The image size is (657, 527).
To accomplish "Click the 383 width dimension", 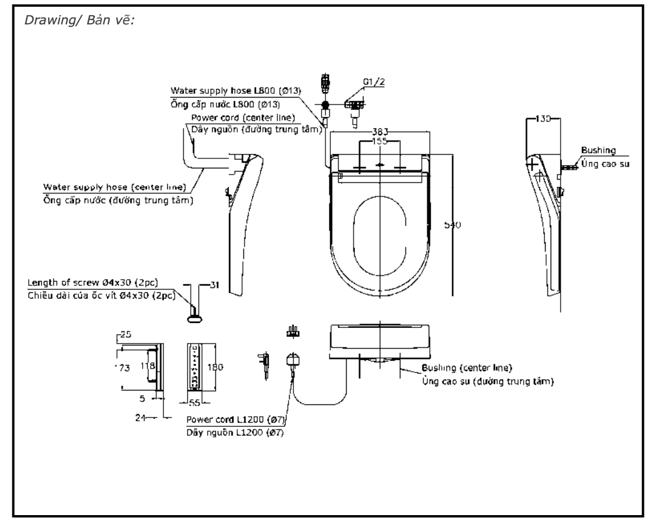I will tap(379, 132).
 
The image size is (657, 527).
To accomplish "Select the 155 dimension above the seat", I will tap(379, 141).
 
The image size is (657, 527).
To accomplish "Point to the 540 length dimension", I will tap(452, 225).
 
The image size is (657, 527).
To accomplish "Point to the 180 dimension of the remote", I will tap(215, 367).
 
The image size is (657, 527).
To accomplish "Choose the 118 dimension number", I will tap(147, 366).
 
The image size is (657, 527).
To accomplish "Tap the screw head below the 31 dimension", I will tap(195, 318).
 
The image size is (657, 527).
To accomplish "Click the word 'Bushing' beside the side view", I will tap(598, 151).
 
